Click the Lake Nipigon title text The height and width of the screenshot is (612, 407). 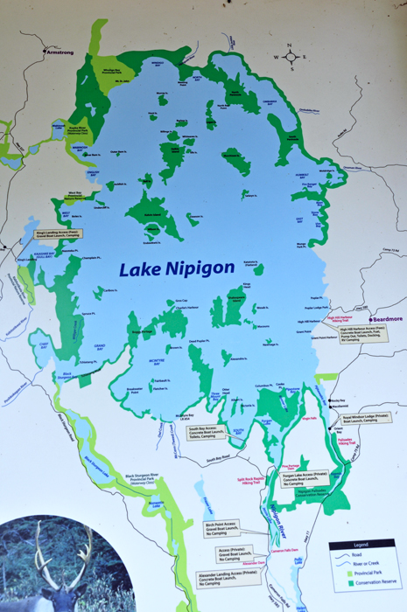pyautogui.click(x=178, y=268)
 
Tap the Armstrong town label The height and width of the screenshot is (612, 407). pyautogui.click(x=61, y=52)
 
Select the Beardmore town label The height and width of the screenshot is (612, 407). pyautogui.click(x=389, y=319)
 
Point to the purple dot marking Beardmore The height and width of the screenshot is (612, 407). pyautogui.click(x=372, y=319)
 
